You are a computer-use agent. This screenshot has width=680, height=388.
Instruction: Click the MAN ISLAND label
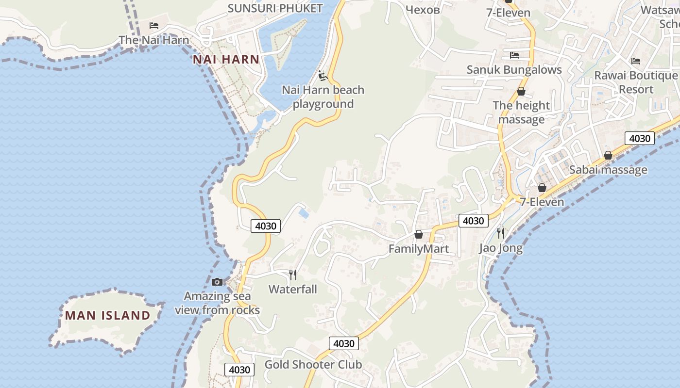tap(108, 315)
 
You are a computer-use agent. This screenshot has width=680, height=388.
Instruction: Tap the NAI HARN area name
tap(226, 60)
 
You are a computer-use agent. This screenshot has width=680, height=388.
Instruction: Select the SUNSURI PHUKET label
tap(275, 8)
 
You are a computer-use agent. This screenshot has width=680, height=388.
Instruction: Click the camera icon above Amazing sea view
tap(217, 282)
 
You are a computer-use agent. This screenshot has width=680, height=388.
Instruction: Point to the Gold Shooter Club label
tap(313, 365)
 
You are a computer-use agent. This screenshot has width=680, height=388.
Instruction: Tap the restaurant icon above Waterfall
tap(293, 275)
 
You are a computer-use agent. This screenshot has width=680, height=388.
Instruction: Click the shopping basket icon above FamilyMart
tap(419, 235)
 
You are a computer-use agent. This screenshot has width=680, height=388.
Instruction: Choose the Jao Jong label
tap(501, 248)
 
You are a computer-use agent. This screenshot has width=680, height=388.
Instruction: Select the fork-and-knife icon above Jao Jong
tap(501, 233)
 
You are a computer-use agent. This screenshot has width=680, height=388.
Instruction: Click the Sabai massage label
tap(608, 170)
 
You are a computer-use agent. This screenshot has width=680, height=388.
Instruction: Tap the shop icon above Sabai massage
tap(608, 155)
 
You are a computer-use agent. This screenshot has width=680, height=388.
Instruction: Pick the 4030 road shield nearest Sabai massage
tap(639, 138)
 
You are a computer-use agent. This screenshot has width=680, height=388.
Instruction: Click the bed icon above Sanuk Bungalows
tap(514, 55)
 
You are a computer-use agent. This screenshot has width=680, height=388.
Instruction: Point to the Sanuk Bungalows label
tap(514, 70)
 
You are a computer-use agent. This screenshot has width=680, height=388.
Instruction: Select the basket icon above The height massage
tap(521, 91)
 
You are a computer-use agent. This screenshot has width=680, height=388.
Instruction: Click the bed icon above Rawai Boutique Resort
tap(636, 61)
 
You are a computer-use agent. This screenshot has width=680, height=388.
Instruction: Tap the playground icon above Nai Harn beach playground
tap(323, 76)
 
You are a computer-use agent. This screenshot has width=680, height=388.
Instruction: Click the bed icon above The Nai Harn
tap(154, 26)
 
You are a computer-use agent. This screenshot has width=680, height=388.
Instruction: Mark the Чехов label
tap(423, 9)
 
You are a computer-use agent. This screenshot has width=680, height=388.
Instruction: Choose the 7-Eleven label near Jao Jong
tap(542, 202)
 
